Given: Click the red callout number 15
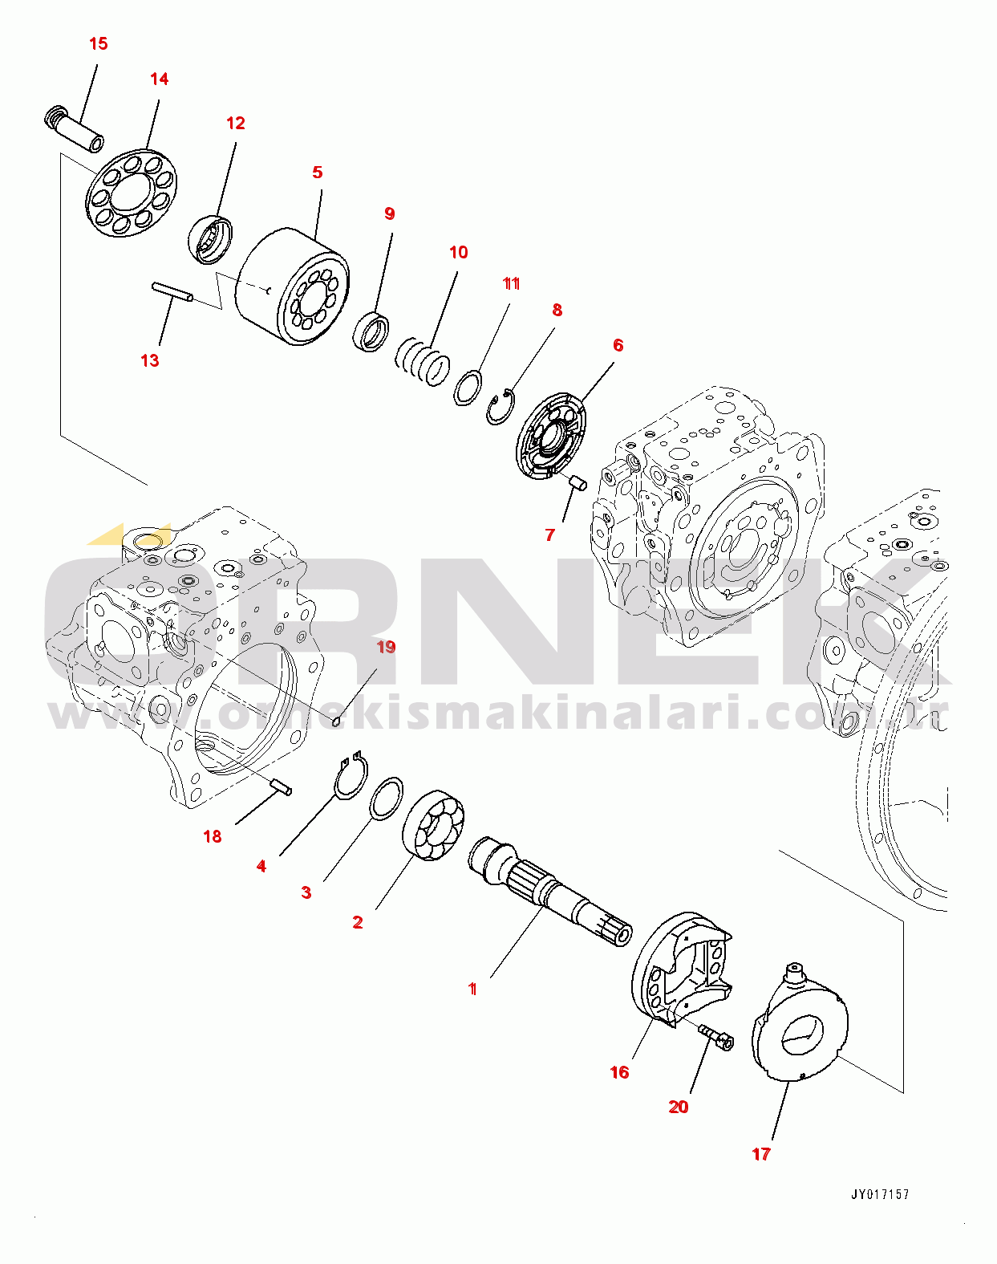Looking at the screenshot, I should [x=98, y=43].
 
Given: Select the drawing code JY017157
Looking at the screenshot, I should [x=879, y=1194].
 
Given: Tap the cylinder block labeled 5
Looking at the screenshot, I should [x=293, y=286].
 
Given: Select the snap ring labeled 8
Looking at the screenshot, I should [x=501, y=406].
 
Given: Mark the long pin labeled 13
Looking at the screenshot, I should [x=172, y=291].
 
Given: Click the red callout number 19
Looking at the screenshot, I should [x=386, y=647].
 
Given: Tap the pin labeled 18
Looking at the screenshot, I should [x=280, y=787].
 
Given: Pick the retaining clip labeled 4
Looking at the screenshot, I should [x=351, y=777].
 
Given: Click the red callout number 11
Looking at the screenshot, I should [x=511, y=283].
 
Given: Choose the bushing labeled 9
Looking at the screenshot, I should [x=372, y=331].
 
